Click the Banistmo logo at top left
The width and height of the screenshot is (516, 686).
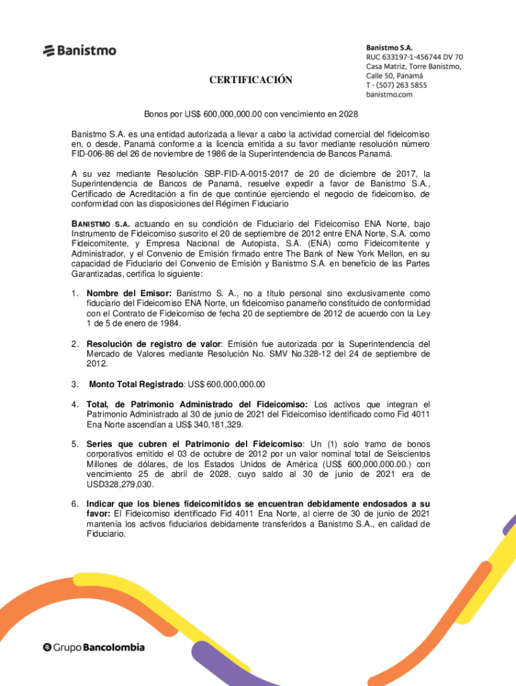80,50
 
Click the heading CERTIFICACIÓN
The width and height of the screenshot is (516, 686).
251,80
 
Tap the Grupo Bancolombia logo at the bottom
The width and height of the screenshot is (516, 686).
94,647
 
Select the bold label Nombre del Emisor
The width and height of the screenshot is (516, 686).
129,293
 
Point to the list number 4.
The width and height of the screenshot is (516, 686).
76,405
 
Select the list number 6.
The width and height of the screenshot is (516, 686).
76,504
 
